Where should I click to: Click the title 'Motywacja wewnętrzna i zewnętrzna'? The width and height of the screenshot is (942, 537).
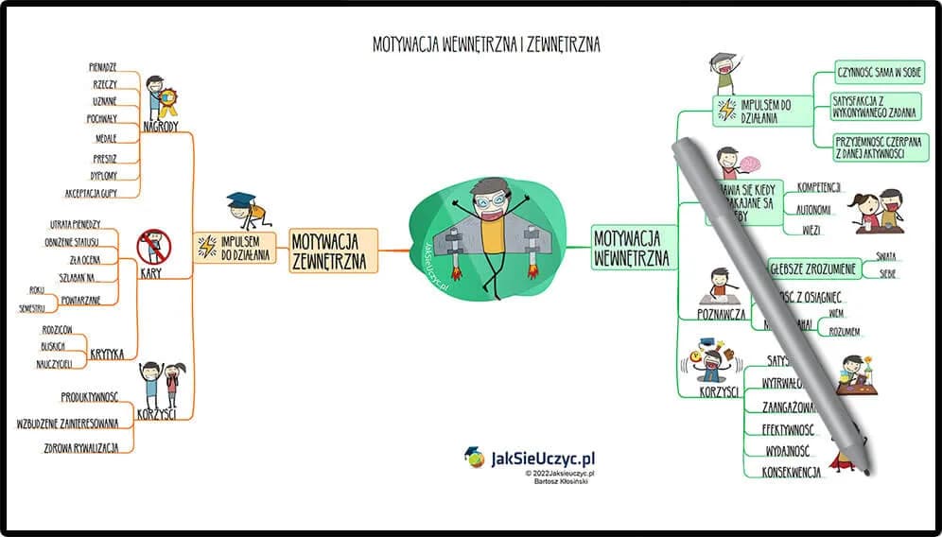(x=486, y=44)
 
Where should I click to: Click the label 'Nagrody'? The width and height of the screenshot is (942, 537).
(x=160, y=127)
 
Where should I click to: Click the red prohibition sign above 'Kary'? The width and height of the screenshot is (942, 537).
(x=153, y=247)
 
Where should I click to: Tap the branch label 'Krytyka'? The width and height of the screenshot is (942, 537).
(x=107, y=355)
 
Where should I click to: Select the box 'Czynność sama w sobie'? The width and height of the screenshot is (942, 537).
(x=879, y=72)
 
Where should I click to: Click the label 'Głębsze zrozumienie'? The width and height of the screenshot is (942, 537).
(x=811, y=269)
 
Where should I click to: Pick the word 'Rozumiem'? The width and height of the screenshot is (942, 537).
(x=845, y=332)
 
